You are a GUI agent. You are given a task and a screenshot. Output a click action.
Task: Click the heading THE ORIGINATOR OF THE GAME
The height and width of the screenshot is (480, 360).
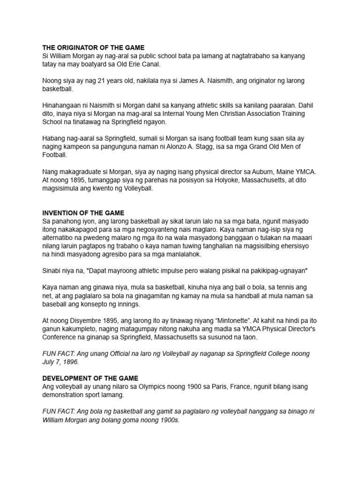pyautogui.click(x=93, y=47)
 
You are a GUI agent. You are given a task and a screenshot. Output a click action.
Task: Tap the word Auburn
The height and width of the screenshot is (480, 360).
pyautogui.click(x=246, y=172)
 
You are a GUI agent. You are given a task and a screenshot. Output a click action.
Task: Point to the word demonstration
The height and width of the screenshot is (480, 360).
pyautogui.click(x=66, y=395)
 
